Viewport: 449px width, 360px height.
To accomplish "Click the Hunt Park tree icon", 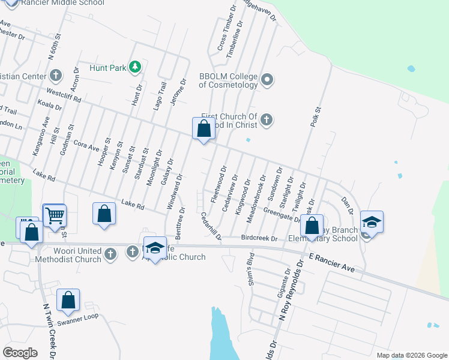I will coord(135,67).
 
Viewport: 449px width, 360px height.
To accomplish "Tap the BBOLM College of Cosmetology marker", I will coord(268,79).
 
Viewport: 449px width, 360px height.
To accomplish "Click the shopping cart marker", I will coord(55,215).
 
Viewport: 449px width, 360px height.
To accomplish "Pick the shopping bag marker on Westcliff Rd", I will coord(203,128).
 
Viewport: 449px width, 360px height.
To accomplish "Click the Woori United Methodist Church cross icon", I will coord(109,254).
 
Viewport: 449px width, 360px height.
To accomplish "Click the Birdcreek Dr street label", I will coord(259,238).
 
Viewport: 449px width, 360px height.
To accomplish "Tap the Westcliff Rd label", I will coord(63,94).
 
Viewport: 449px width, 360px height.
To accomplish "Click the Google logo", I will coord(20,353).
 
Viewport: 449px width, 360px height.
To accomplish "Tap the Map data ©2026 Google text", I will coord(411,355).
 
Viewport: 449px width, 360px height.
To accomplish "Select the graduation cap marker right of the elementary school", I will coord(372,222).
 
